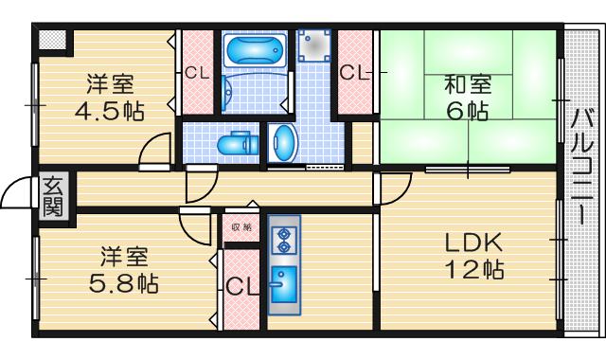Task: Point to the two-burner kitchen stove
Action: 282,239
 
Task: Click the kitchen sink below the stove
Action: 282,282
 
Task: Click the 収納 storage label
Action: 241,227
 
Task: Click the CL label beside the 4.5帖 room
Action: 198,72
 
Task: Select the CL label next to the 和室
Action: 356,72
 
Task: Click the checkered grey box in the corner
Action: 52,40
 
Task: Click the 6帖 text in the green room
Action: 468,111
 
